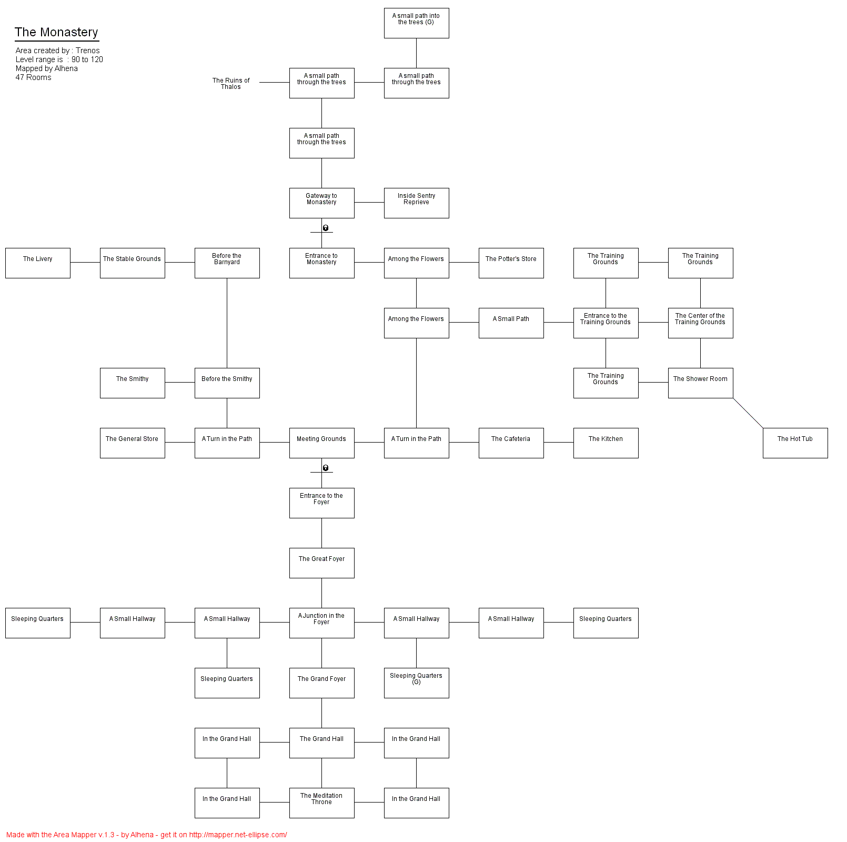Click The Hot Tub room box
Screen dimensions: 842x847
(795, 443)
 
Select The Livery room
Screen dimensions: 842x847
(38, 263)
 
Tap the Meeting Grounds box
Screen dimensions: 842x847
(321, 443)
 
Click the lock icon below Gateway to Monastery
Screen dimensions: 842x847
(326, 228)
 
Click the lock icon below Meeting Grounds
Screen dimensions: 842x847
(326, 468)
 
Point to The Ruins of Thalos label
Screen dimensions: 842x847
(231, 84)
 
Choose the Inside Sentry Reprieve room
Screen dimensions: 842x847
(416, 203)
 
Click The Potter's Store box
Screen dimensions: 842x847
(511, 263)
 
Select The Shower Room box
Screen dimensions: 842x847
(700, 383)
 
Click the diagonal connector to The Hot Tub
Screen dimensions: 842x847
(748, 413)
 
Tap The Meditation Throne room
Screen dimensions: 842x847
(321, 803)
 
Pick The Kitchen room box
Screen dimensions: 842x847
(606, 443)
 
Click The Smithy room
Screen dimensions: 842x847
(132, 383)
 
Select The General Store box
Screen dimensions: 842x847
(132, 443)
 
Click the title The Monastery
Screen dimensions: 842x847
(56, 32)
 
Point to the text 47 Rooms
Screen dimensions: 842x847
(34, 77)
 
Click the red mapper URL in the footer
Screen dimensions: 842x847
(238, 835)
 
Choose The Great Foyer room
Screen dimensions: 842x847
(321, 563)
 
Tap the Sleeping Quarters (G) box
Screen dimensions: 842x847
(416, 683)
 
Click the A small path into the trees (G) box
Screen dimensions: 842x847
(416, 23)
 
